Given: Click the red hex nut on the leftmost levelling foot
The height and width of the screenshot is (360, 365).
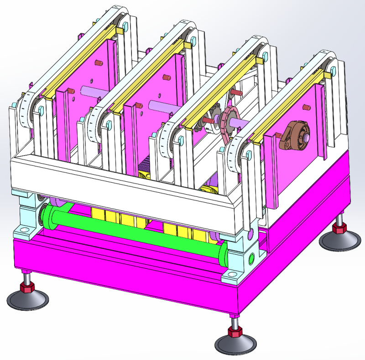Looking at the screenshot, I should coord(27,288).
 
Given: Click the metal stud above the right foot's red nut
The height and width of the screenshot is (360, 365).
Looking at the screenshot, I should coord(339,220).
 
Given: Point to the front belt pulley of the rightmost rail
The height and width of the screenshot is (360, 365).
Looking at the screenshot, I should coord(237,155).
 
